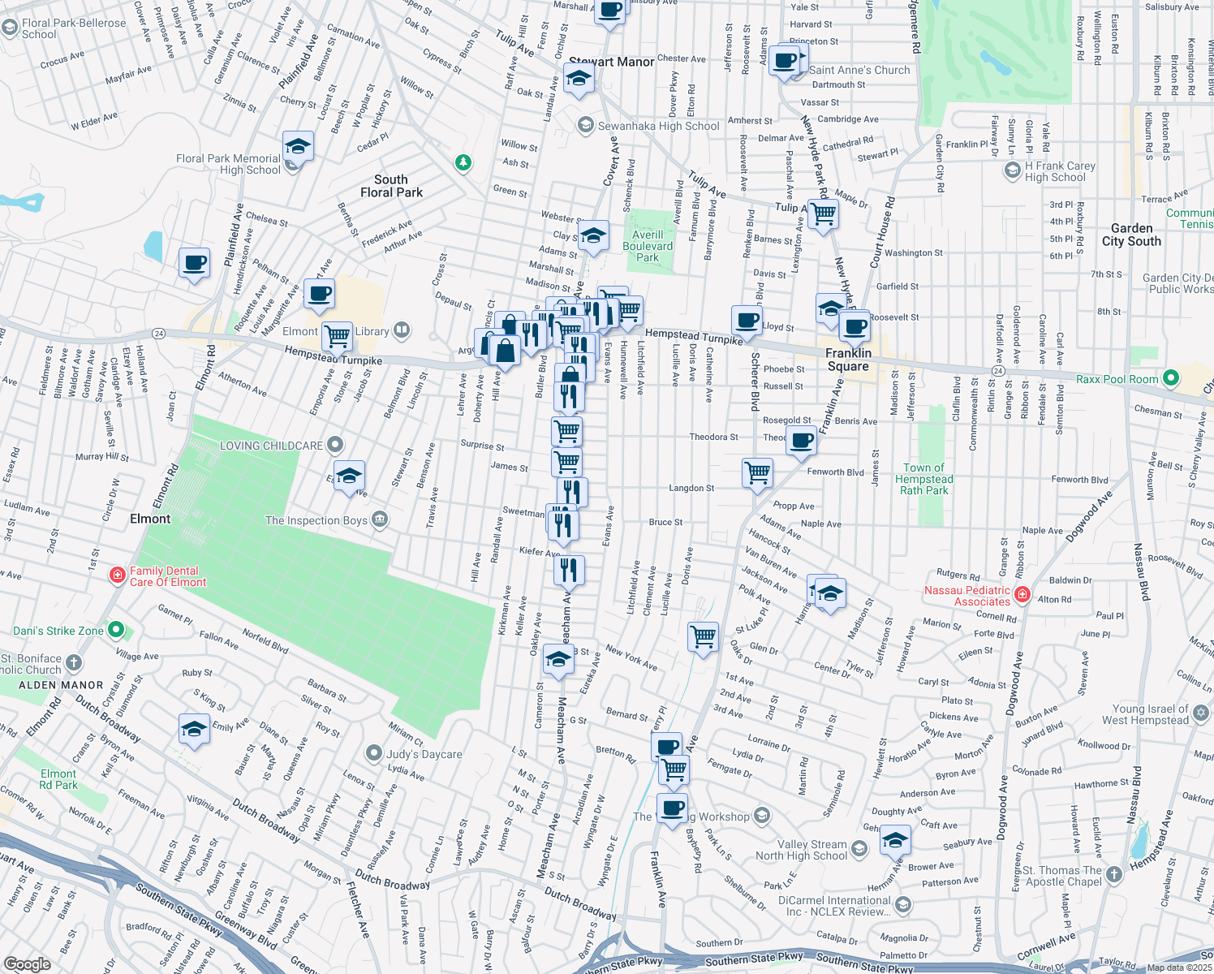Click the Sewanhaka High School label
click(x=658, y=126)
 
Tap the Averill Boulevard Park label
click(x=648, y=246)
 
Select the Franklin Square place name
click(x=848, y=360)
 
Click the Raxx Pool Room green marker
click(x=1170, y=378)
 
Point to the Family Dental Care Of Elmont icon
click(x=118, y=575)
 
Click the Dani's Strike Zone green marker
click(x=115, y=630)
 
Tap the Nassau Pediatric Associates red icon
click(x=1022, y=596)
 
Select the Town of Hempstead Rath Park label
click(x=923, y=479)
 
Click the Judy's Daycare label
click(x=424, y=754)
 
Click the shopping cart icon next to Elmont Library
click(x=336, y=334)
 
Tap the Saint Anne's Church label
click(x=859, y=71)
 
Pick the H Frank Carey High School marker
click(x=1012, y=170)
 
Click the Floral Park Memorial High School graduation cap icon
click(x=298, y=148)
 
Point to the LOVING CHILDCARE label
click(x=271, y=446)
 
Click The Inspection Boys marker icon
click(x=380, y=520)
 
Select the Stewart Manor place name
click(x=611, y=62)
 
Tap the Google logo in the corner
click(x=27, y=963)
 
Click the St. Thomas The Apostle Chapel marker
click(x=1114, y=874)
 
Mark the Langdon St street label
click(x=691, y=488)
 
